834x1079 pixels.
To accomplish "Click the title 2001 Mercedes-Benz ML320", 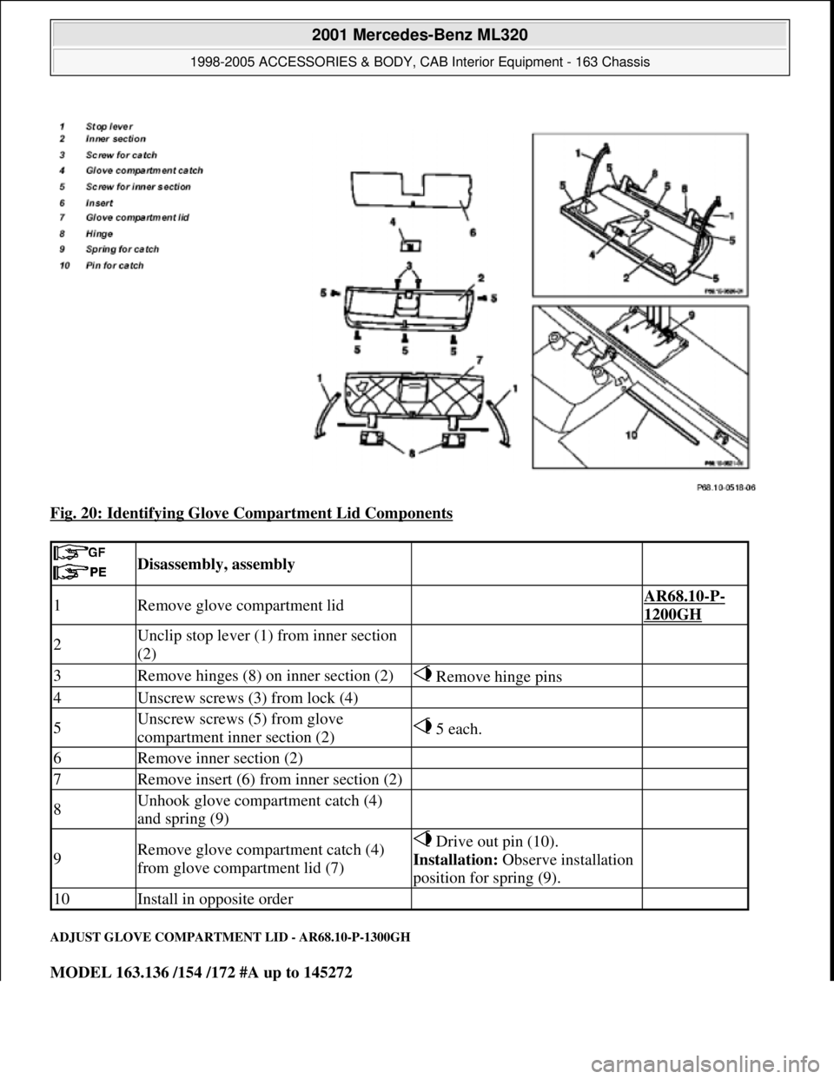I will [x=416, y=36].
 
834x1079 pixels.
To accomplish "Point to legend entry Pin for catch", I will [x=113, y=265].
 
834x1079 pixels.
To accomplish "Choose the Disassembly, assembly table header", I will [x=215, y=564].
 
